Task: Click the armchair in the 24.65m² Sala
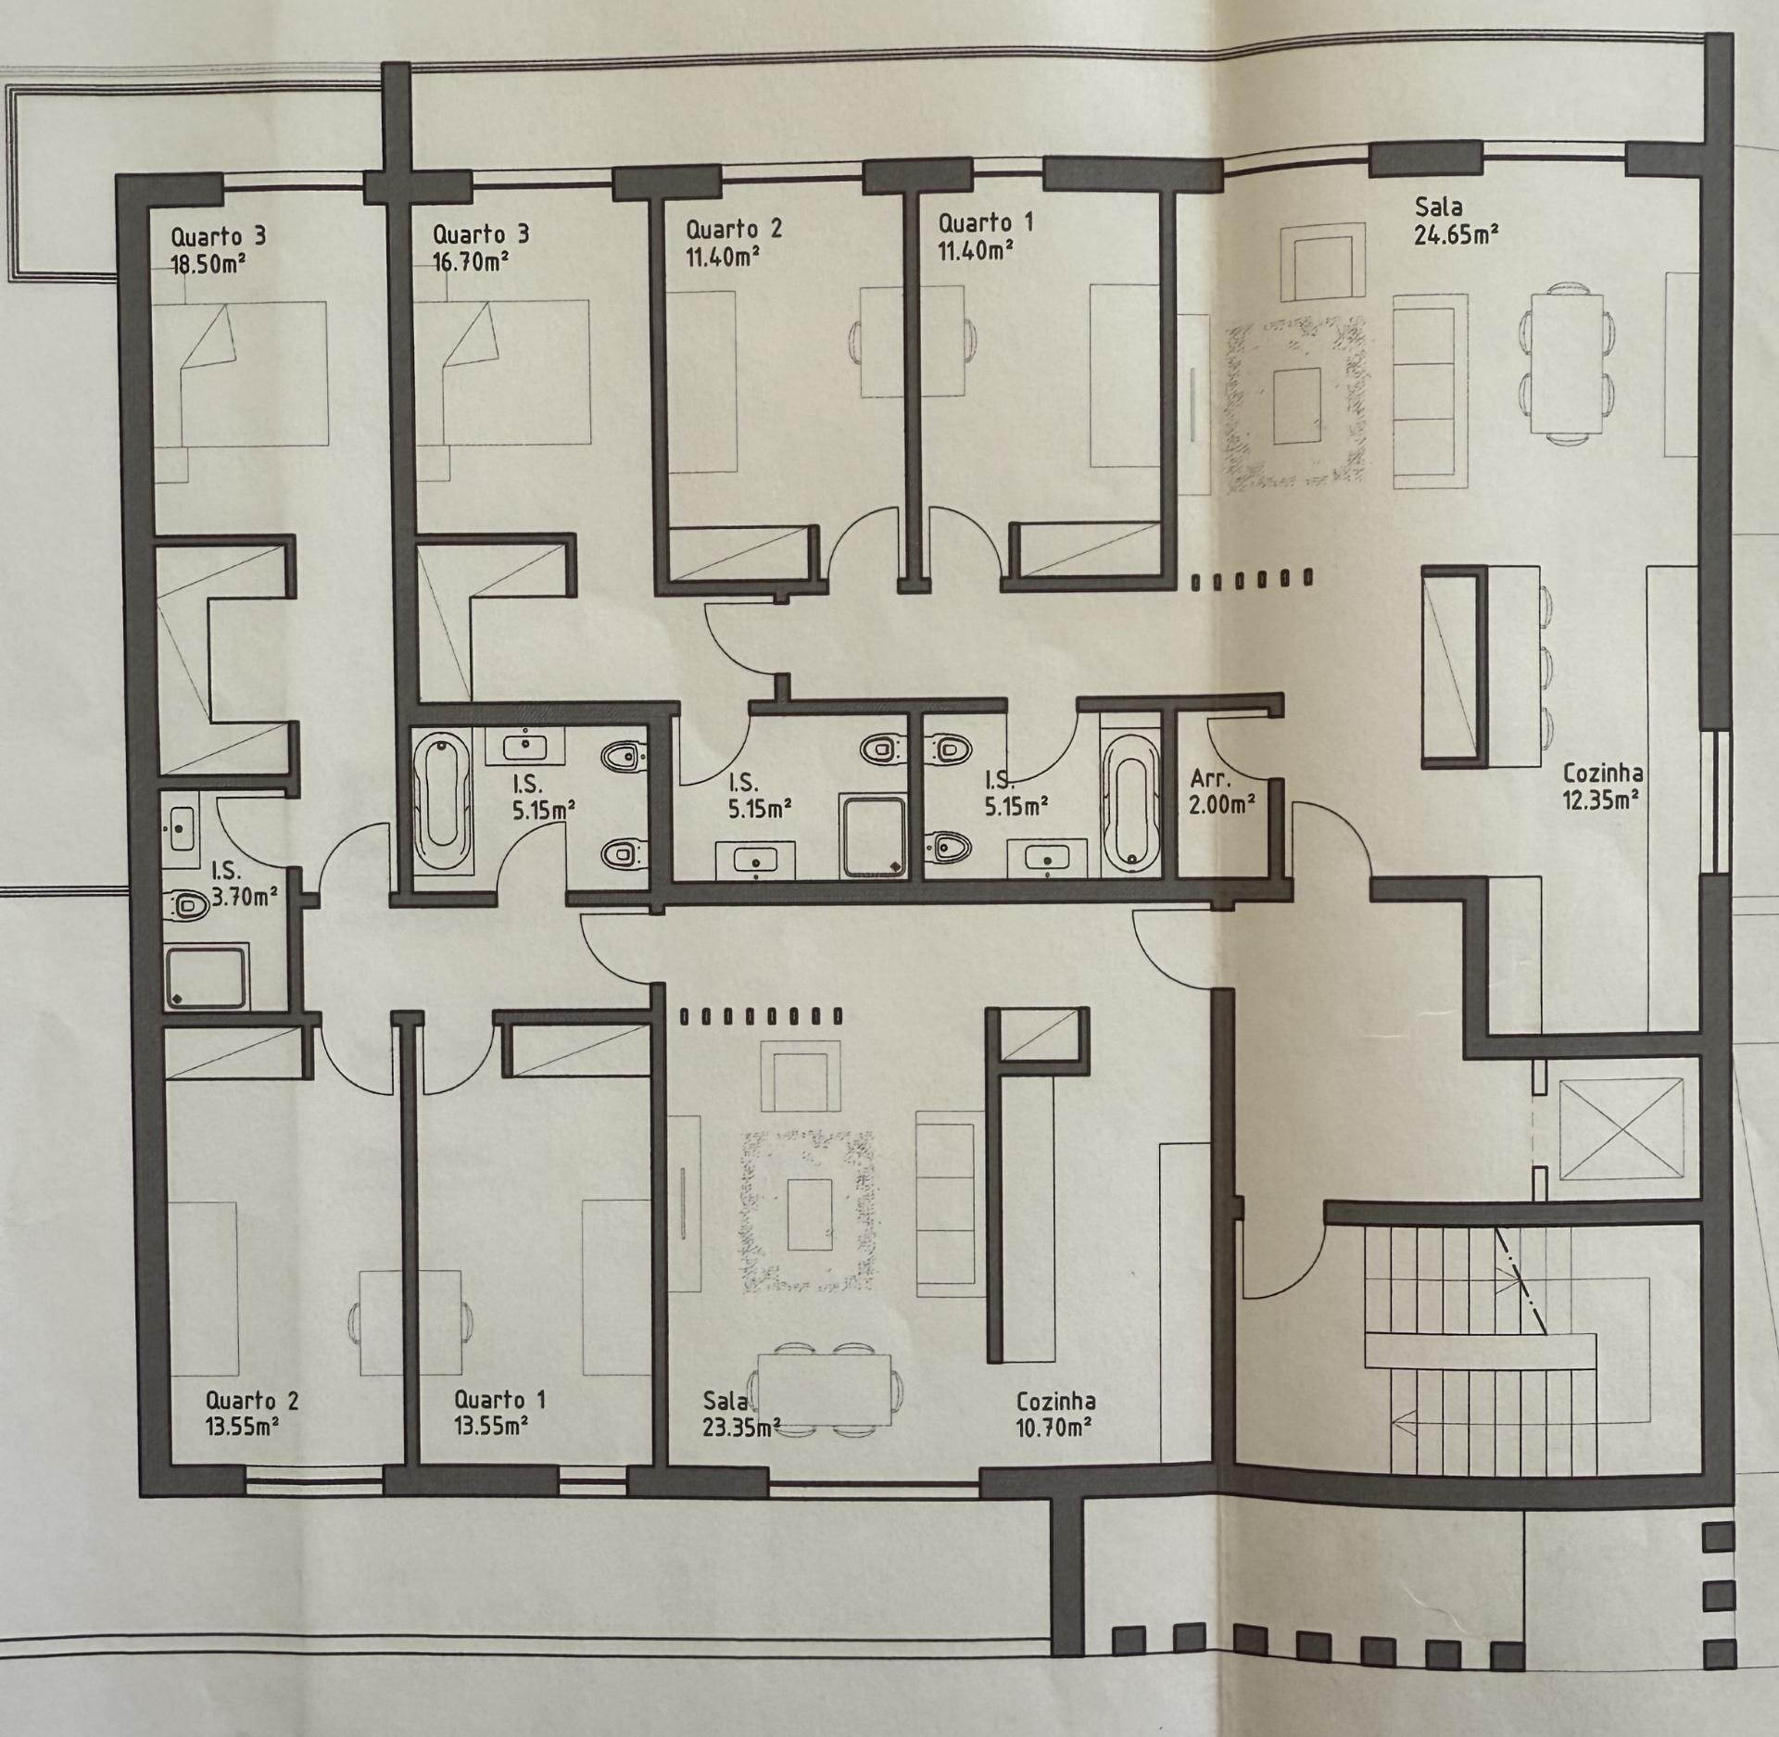click(1323, 260)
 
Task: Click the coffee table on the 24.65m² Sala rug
click(1296, 406)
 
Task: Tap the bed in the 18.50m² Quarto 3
click(240, 373)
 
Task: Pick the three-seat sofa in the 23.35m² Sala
click(945, 1204)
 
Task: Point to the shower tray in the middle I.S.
click(873, 836)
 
